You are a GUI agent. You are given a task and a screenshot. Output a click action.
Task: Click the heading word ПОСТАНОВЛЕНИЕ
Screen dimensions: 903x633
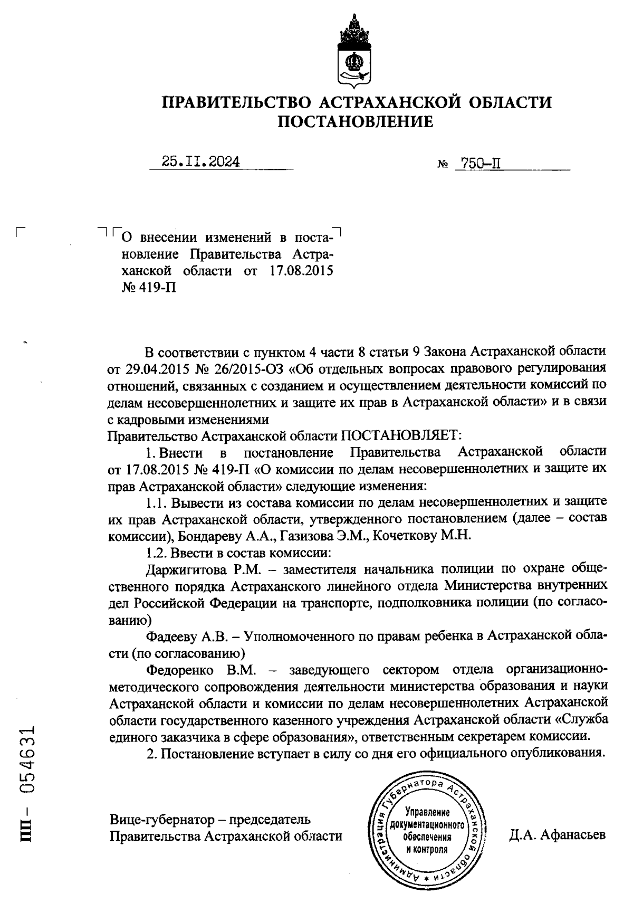[356, 123]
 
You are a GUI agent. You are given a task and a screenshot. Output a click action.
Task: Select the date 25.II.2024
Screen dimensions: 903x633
[201, 162]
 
